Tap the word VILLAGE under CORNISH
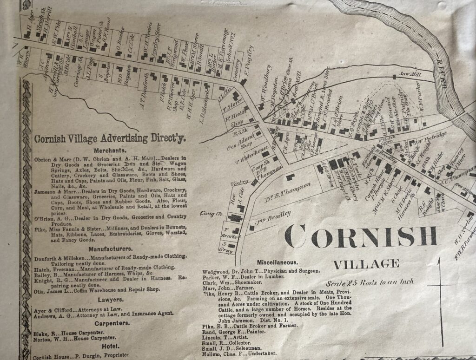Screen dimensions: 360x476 tap(366, 264)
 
